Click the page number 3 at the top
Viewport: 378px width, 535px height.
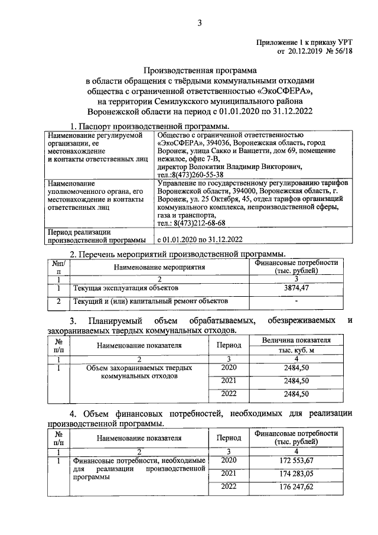(x=200, y=23)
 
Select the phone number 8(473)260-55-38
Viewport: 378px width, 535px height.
(x=191, y=175)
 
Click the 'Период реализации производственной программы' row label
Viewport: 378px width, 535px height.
(x=97, y=235)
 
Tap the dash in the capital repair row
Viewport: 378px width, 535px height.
(x=296, y=303)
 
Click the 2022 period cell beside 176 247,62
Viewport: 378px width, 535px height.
(x=228, y=487)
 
